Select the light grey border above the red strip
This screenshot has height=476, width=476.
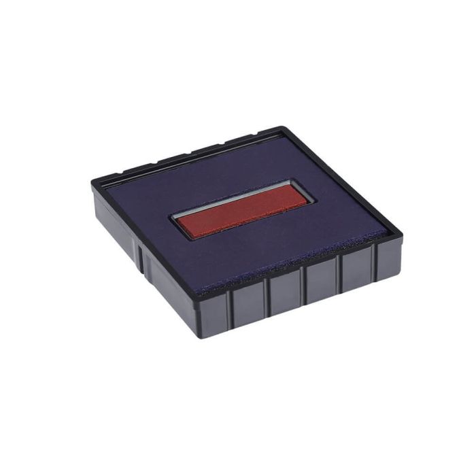pyautogui.click(x=231, y=193)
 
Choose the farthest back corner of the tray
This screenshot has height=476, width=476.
pyautogui.click(x=279, y=127)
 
